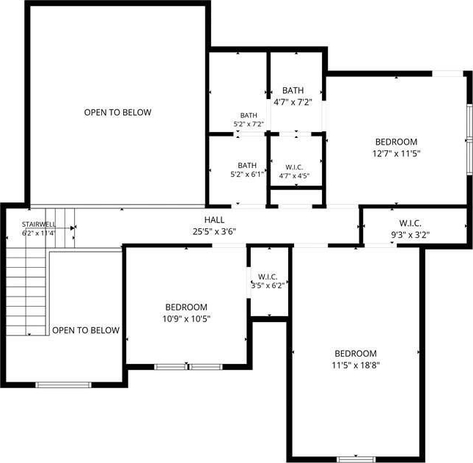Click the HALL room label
[214, 219]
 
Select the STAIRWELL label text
[39, 225]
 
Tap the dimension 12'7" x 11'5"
[397, 153]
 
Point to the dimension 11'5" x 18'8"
[356, 365]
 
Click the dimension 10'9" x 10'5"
[186, 318]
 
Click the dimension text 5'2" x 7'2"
[249, 124]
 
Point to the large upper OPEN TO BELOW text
[117, 112]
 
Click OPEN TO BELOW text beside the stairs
[86, 330]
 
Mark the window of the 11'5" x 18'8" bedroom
[356, 459]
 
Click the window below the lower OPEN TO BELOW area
[63, 384]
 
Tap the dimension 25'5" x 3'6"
[214, 232]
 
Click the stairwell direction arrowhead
[73, 228]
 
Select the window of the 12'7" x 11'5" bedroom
[469, 139]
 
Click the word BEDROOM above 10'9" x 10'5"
[186, 307]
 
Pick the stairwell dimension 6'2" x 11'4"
[39, 233]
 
